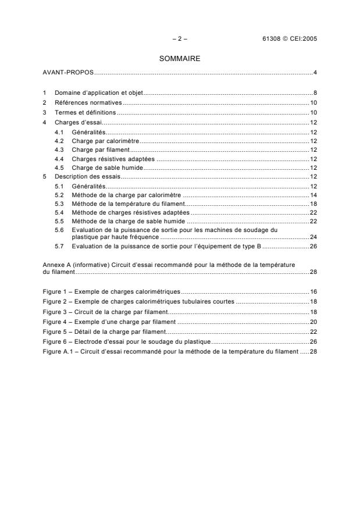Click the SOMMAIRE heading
point(180,58)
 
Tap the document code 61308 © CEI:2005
point(289,38)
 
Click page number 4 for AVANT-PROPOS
point(315,72)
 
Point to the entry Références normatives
point(86,102)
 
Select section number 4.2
point(58,141)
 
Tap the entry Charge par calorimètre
point(105,141)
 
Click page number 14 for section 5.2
point(313,195)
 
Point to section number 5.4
point(58,213)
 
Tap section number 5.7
point(58,247)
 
